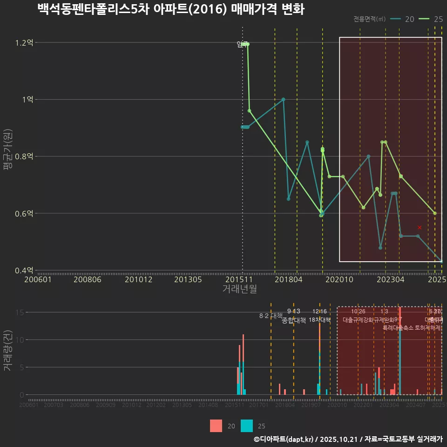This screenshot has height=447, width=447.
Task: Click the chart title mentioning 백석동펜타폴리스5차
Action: [170, 9]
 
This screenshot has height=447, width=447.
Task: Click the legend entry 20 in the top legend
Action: [403, 19]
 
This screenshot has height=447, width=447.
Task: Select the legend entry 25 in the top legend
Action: [431, 19]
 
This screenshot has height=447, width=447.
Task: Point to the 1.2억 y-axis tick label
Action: [24, 43]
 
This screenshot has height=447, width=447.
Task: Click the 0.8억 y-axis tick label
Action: [24, 156]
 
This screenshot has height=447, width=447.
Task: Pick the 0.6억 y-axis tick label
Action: [24, 213]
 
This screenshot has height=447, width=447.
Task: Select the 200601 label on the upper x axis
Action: [38, 279]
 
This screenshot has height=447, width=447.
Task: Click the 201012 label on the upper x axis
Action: [137, 279]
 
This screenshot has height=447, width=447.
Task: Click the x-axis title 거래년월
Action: [239, 289]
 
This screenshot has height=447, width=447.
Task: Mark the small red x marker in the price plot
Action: [420, 227]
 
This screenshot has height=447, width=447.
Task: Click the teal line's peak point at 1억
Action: [283, 99]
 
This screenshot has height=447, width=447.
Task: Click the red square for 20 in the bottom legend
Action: [216, 426]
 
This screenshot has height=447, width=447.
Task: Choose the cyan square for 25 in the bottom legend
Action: [247, 426]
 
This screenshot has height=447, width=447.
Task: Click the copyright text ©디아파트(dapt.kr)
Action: [284, 439]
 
